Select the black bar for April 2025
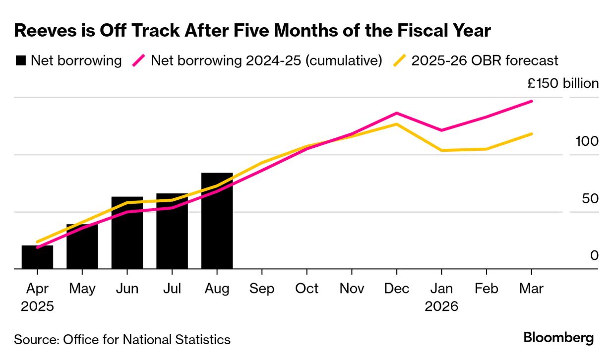[37, 257]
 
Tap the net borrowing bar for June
[127, 233]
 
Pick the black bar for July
[172, 232]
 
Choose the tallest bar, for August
[217, 221]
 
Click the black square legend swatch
[20, 61]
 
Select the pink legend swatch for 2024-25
[138, 61]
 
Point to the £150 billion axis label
[562, 83]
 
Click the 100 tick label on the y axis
[587, 141]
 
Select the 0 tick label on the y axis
[594, 255]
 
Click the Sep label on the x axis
[261, 288]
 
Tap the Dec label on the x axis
[396, 288]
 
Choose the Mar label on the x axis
[531, 288]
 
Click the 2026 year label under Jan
[441, 306]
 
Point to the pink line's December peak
[396, 113]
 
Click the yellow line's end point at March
[532, 134]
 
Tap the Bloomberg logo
[558, 338]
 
